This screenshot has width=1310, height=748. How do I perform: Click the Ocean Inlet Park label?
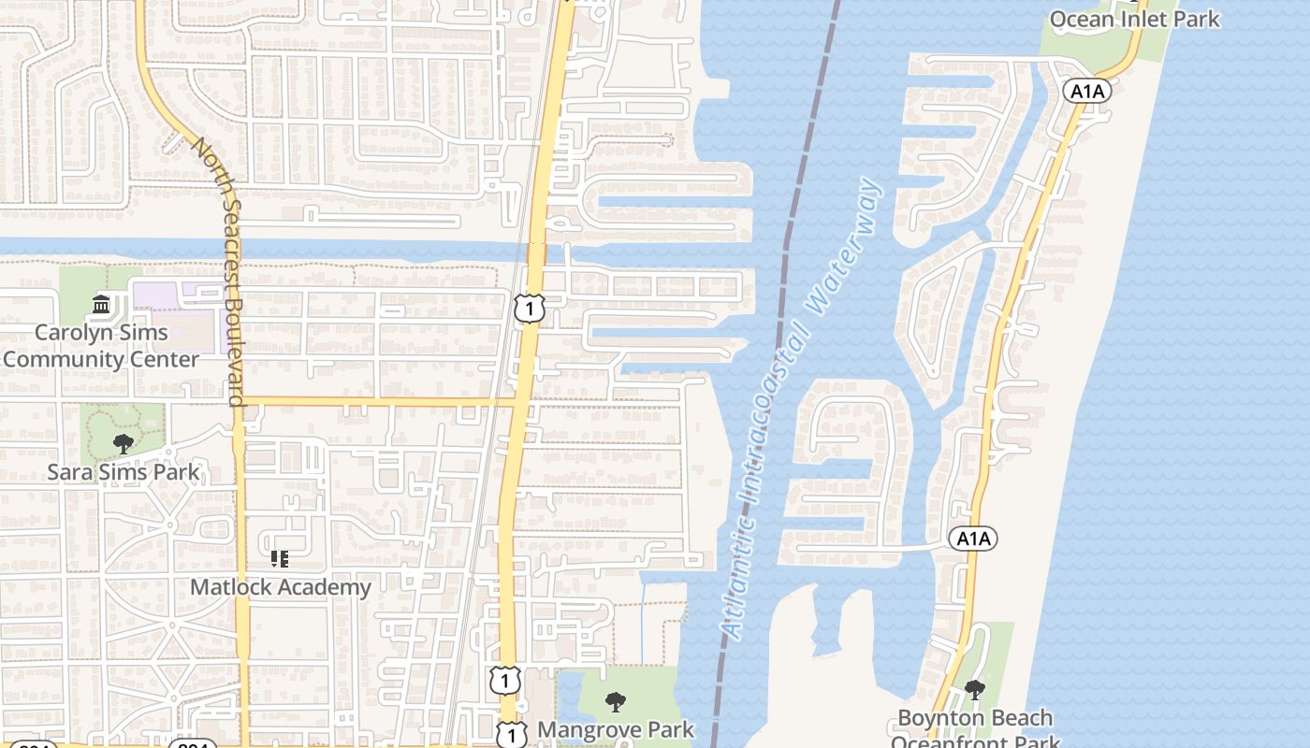pos(1134,19)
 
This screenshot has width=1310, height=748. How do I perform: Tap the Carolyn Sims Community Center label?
pos(101,346)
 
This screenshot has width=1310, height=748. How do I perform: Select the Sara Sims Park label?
pos(124,471)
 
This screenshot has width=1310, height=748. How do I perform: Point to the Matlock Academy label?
pos(281,587)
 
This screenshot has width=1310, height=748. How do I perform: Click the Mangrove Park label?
pos(616,729)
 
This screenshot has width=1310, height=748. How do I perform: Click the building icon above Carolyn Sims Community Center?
pos(101,304)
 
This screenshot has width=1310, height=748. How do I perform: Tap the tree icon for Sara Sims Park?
pos(123,443)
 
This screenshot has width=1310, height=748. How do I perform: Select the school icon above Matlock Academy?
pos(279,559)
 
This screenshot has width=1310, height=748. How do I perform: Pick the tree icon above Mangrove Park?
pos(615,701)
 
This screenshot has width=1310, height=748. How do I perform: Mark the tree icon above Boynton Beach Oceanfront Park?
pos(974,690)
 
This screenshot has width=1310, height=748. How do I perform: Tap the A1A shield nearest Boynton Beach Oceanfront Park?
pos(973,539)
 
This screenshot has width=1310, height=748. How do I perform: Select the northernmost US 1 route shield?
pos(529,307)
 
